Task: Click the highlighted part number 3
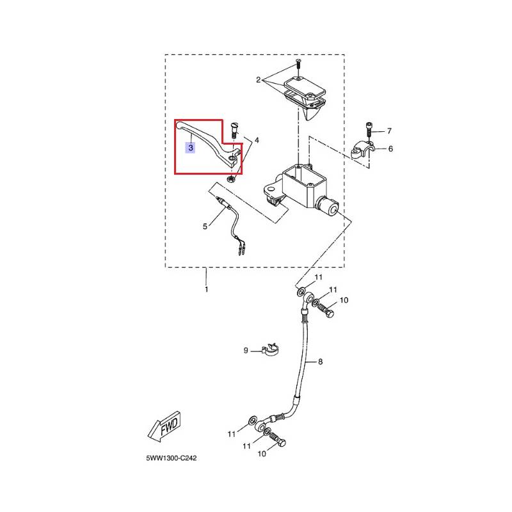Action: point(190,148)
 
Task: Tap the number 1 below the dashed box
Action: point(206,289)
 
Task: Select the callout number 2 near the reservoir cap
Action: point(259,79)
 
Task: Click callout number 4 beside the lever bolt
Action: point(257,140)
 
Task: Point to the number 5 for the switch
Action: point(205,227)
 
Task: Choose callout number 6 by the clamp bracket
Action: point(390,149)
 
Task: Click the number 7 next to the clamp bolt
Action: point(389,131)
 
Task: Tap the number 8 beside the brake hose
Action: point(321,362)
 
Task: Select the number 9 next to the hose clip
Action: point(246,351)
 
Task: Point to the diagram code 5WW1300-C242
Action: point(172,458)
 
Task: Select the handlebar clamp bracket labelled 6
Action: point(362,150)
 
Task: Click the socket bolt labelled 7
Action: point(369,130)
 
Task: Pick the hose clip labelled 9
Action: point(270,349)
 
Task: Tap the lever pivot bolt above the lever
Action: point(235,130)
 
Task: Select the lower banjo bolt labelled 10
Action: point(278,439)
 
